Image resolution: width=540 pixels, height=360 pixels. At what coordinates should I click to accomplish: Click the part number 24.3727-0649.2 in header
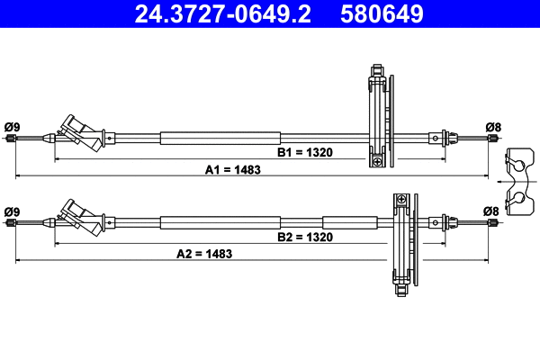[223, 13]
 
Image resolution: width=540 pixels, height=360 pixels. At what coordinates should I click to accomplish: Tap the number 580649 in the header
[382, 13]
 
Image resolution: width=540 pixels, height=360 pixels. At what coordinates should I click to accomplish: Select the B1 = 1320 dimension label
[305, 152]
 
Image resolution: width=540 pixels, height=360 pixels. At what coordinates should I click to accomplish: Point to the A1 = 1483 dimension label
[233, 170]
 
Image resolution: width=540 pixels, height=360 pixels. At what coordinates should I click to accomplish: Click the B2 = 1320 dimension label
[305, 237]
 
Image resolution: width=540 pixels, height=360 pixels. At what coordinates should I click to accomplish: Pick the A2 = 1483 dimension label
[204, 254]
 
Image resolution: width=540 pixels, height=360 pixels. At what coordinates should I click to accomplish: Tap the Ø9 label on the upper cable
[13, 127]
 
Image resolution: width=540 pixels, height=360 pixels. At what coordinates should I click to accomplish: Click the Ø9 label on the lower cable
[13, 211]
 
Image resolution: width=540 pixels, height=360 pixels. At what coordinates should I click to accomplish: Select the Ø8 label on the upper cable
[493, 127]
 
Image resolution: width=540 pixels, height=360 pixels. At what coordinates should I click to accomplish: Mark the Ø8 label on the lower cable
[491, 211]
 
